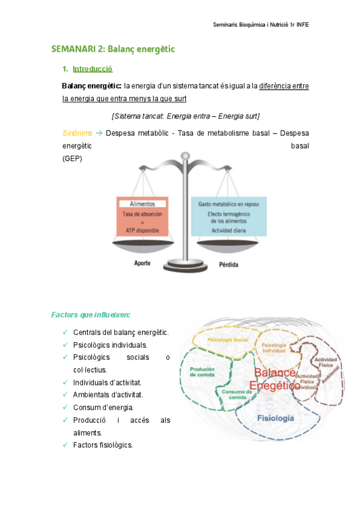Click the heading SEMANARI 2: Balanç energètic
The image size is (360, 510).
coord(113,49)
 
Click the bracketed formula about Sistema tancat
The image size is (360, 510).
coord(186,115)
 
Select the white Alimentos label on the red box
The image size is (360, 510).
coord(142,204)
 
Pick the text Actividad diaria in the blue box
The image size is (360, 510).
coord(228,230)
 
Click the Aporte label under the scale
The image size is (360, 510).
coord(142,263)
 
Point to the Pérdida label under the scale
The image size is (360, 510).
coord(228,263)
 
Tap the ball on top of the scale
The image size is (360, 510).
coord(185,157)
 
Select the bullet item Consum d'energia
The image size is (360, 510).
coord(103,407)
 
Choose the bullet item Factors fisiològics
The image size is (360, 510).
coord(103,445)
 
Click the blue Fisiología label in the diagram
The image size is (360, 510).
coord(275,417)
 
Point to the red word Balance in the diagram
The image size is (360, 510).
coord(275,373)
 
